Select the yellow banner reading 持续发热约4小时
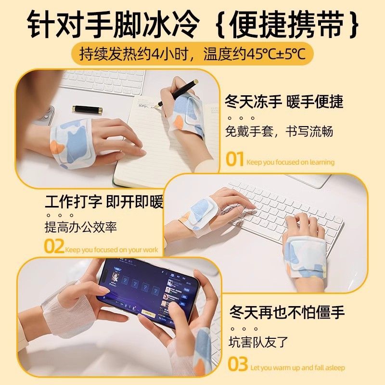pos(192,54)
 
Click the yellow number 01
pos(234,159)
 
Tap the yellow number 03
pos(237,364)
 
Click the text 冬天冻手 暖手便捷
pos(284,101)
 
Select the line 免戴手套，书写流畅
pos(279,131)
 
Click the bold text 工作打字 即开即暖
pos(104,202)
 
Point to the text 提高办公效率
pos(81,227)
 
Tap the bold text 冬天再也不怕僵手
pos(287,312)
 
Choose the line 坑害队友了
pos(258,342)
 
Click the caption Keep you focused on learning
pos(291,162)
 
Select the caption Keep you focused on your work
pos(112,250)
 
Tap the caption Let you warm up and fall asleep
pos(298,368)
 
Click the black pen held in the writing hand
pos(178,92)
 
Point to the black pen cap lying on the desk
pos(87,110)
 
